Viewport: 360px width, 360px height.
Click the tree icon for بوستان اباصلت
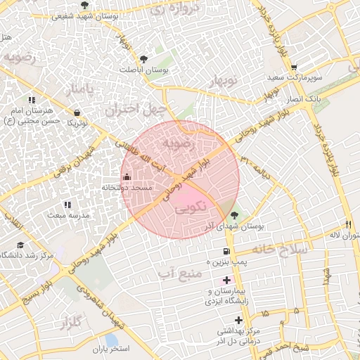coord(144,59)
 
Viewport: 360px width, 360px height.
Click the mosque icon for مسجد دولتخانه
coord(127,176)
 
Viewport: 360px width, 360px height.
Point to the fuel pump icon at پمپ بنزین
coord(226,251)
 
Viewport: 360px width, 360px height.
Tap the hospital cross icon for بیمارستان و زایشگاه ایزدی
coord(226,280)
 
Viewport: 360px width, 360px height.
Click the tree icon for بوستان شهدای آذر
coord(234,215)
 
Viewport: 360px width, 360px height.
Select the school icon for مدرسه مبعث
coord(67,205)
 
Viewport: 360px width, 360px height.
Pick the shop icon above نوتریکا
coord(76,112)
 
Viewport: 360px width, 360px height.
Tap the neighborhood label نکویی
coord(191,208)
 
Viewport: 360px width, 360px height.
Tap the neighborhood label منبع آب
coord(176,272)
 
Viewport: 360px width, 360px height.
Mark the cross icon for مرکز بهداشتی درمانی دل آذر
coord(239,321)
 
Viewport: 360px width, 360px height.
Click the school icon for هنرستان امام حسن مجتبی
coord(31,101)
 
